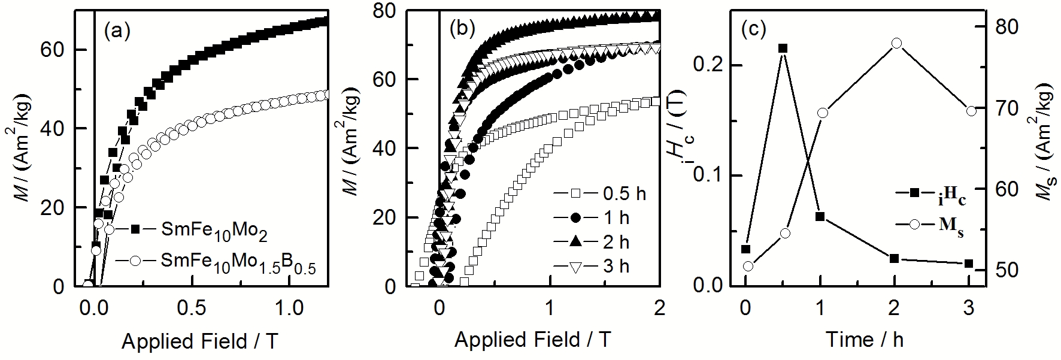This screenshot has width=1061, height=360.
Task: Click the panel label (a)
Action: pos(117,31)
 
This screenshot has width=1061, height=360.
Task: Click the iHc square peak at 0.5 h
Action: pos(782,49)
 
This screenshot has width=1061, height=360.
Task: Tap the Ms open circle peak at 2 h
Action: pos(896,43)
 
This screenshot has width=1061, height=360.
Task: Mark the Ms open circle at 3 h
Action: pos(971,110)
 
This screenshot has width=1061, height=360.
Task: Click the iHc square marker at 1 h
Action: pos(820,216)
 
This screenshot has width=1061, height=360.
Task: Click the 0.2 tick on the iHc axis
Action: pos(704,65)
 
